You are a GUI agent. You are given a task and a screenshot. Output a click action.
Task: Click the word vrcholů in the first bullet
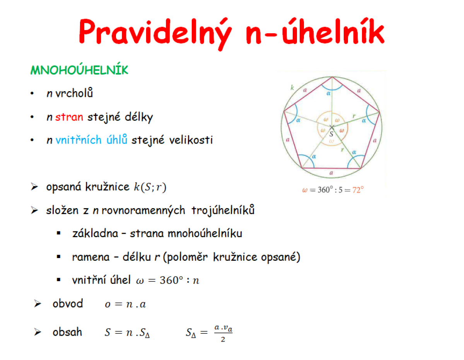click(x=74, y=93)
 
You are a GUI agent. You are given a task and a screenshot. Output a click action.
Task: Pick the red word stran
click(x=69, y=117)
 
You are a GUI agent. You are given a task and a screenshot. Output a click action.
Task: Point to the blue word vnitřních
click(x=78, y=140)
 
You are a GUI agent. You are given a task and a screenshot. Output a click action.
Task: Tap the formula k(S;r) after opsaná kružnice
click(x=150, y=187)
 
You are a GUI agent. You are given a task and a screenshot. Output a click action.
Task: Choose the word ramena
click(x=91, y=257)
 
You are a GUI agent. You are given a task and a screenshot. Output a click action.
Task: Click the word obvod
click(x=68, y=304)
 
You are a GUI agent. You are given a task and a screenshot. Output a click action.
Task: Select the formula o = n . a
click(x=125, y=304)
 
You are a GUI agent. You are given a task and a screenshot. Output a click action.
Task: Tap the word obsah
click(x=67, y=332)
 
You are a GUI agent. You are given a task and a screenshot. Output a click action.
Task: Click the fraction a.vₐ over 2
click(x=223, y=333)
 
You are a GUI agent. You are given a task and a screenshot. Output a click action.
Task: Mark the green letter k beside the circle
click(x=292, y=87)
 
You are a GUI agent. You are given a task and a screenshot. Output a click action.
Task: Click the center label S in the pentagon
click(x=331, y=134)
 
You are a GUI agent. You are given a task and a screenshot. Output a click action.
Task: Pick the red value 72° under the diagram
click(x=358, y=190)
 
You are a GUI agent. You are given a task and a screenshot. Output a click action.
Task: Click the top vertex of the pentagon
click(x=332, y=77)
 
